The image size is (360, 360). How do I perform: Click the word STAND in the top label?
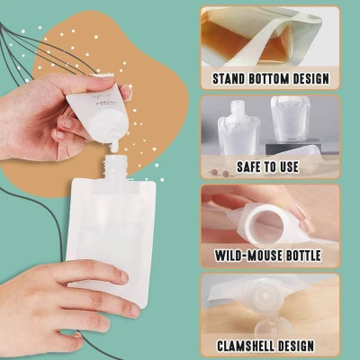tap(232, 78)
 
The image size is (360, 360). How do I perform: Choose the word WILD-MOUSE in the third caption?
tap(251, 256)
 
